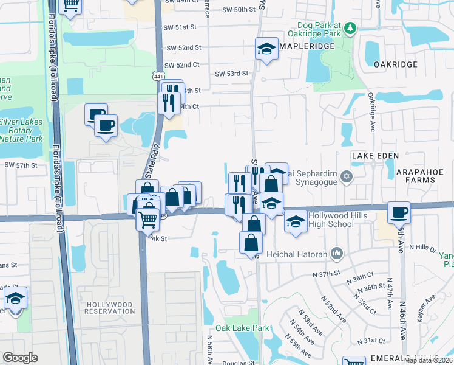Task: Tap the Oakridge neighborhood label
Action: coord(395,64)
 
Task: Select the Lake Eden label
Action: coord(375,156)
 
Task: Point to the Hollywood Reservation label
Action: coord(110,307)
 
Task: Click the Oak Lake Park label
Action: coord(246,328)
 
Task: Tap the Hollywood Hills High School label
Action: coord(331,220)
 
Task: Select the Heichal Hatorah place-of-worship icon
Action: coord(338,254)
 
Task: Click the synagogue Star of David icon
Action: coord(347,177)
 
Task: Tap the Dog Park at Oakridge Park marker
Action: coord(351,27)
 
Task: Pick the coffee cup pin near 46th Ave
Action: coord(399,212)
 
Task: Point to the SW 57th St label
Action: coord(21,165)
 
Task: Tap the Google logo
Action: coord(20,358)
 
